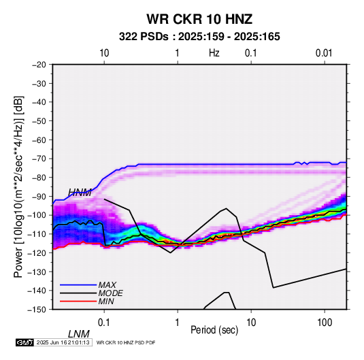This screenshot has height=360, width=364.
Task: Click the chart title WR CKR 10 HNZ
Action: pyautogui.click(x=199, y=19)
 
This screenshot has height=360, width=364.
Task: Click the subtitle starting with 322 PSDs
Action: pyautogui.click(x=199, y=37)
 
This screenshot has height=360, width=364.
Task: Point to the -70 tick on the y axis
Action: pyautogui.click(x=39, y=159)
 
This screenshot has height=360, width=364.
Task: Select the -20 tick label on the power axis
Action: pyautogui.click(x=39, y=65)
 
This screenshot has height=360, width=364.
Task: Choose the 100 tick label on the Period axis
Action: pyautogui.click(x=324, y=323)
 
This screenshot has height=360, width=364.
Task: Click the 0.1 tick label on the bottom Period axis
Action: pyautogui.click(x=104, y=323)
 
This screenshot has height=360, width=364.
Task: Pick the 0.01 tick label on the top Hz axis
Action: pyautogui.click(x=324, y=53)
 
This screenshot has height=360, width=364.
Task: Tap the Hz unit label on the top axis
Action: pyautogui.click(x=214, y=53)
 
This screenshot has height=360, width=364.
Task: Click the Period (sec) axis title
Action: pyautogui.click(x=214, y=330)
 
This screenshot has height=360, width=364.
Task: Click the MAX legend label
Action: pyautogui.click(x=107, y=285)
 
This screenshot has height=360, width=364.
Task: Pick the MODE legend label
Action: pyautogui.click(x=110, y=293)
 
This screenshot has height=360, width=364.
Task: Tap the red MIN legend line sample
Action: pyautogui.click(x=78, y=301)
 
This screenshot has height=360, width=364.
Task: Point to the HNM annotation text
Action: pyautogui.click(x=80, y=193)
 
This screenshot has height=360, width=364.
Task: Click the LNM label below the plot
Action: pyautogui.click(x=78, y=334)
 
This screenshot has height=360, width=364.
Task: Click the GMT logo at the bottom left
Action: pyautogui.click(x=24, y=342)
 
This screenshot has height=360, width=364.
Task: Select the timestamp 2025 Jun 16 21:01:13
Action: pyautogui.click(x=63, y=342)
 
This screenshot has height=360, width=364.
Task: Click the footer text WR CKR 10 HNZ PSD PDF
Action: pyautogui.click(x=126, y=342)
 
